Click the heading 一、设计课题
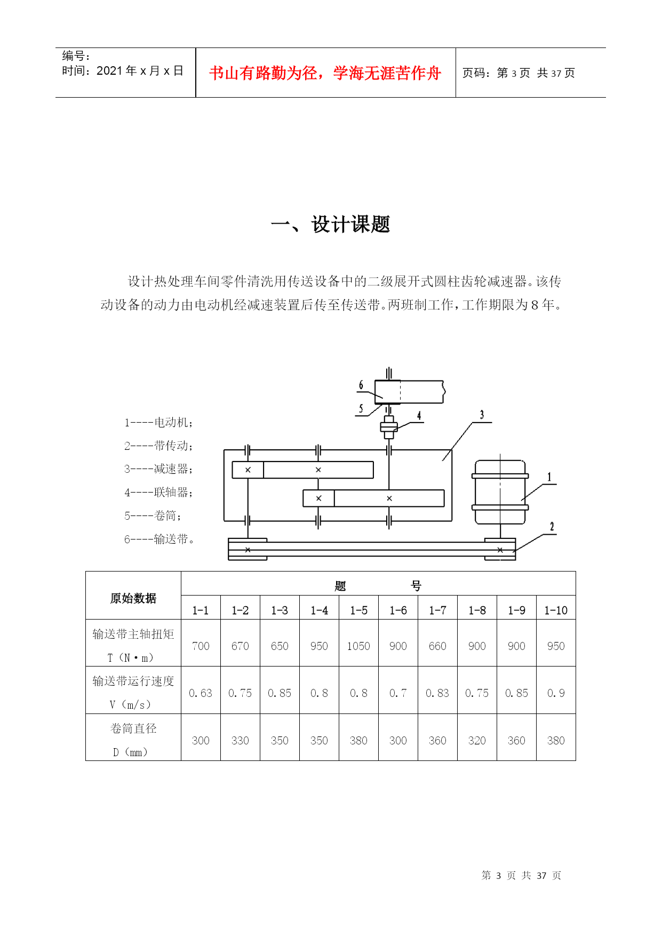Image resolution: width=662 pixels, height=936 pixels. click(331, 225)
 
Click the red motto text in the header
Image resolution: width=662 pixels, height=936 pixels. click(325, 73)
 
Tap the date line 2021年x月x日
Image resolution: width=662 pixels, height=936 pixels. click(123, 71)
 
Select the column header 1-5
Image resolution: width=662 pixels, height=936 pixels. click(358, 610)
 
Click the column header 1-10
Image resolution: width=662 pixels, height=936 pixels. click(556, 610)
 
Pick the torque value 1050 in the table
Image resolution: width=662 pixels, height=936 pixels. click(358, 646)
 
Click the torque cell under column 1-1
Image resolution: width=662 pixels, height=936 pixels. click(201, 646)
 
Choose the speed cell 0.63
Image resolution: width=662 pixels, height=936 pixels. click(201, 693)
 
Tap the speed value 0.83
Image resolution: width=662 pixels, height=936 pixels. click(437, 693)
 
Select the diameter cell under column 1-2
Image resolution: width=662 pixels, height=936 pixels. click(240, 741)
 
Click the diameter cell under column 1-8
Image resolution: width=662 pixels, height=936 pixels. click(477, 741)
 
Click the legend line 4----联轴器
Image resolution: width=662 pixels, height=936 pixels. click(158, 492)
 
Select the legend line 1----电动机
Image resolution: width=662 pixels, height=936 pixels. click(158, 423)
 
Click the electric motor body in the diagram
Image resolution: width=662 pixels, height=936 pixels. click(500, 492)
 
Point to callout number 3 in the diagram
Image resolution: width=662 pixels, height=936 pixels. click(482, 415)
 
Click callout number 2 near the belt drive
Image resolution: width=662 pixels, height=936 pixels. click(552, 527)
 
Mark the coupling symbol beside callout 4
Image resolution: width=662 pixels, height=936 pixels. click(389, 427)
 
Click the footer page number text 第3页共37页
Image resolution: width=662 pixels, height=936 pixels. click(521, 876)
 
